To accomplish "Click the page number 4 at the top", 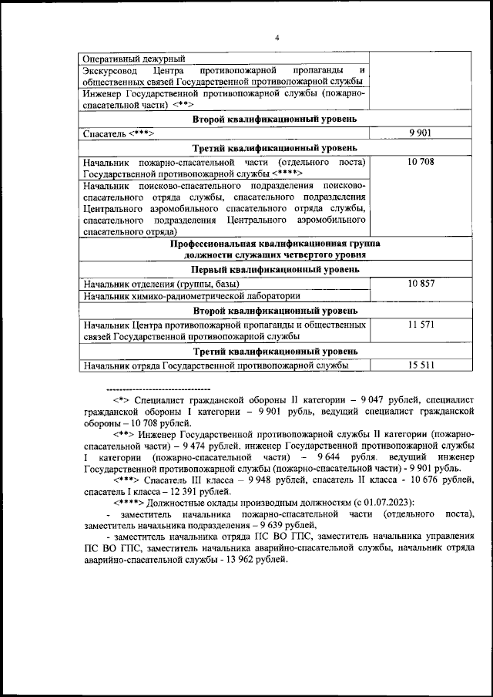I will (x=277, y=39).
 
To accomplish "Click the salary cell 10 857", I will (x=421, y=284).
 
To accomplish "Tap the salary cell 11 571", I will (x=421, y=325).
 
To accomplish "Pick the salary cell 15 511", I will (x=421, y=366).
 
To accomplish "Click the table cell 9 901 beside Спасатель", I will (x=421, y=133).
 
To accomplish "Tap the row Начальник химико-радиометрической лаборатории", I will (x=192, y=295).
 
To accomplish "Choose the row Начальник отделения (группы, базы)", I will (x=162, y=284).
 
